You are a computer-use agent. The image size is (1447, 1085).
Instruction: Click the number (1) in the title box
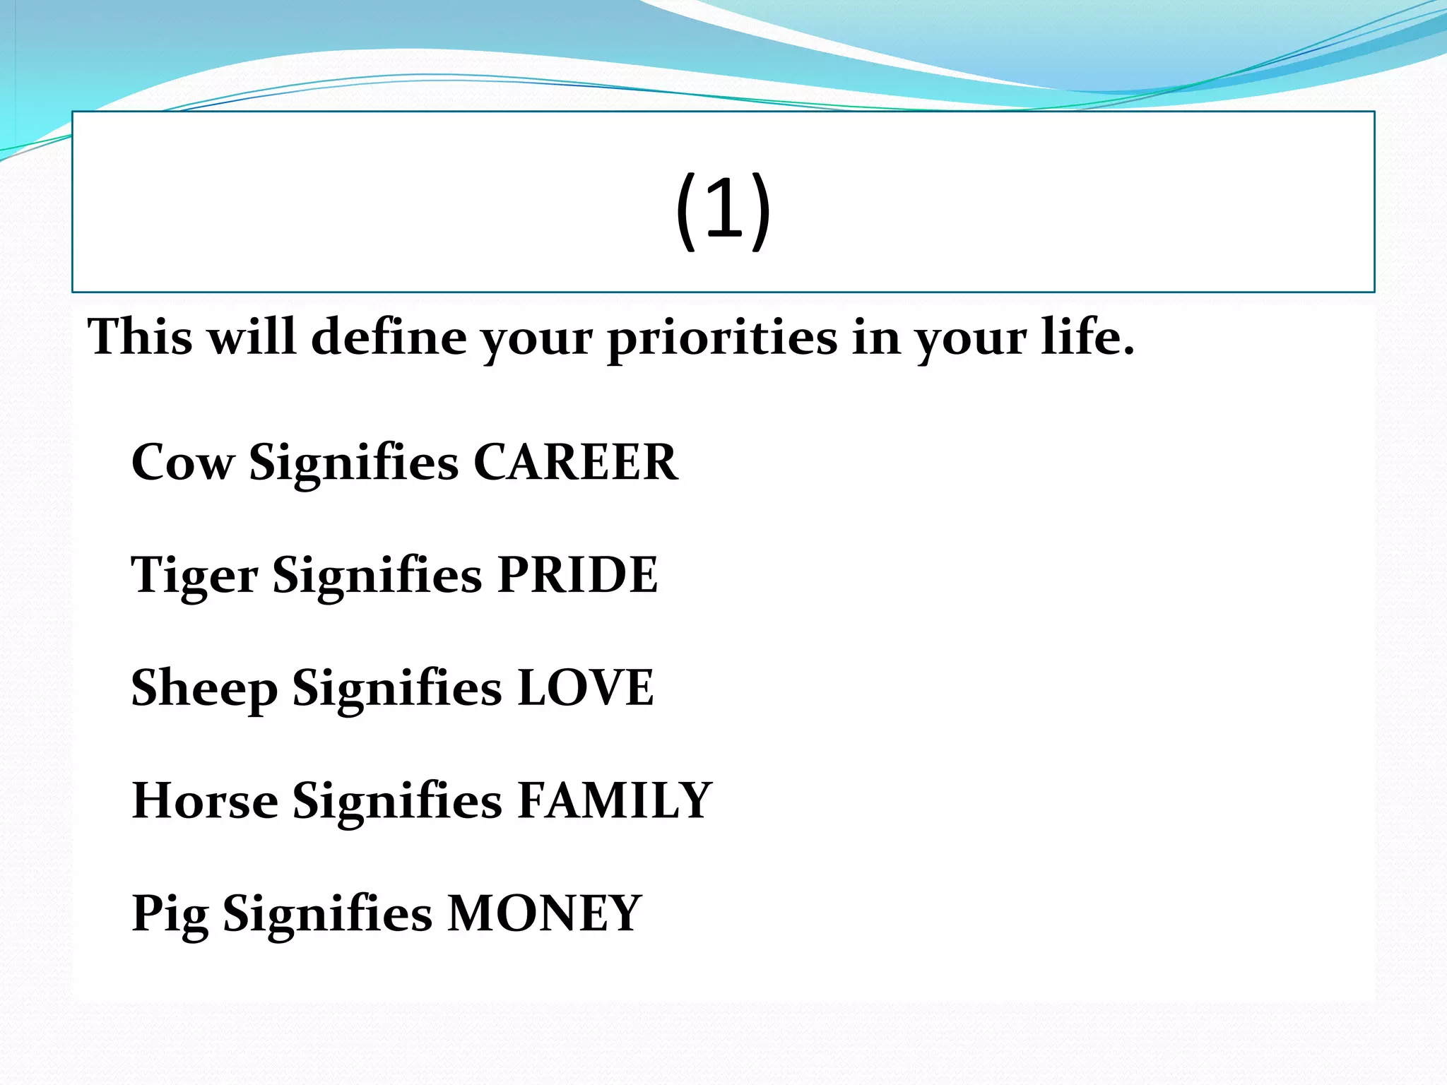point(723,210)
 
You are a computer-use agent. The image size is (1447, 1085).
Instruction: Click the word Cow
point(182,463)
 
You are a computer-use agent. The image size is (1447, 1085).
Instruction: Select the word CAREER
point(575,463)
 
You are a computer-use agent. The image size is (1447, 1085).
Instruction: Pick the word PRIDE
point(577,575)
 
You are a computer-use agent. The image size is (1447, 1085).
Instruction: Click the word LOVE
point(585,688)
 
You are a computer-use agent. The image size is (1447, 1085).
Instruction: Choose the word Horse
point(205,801)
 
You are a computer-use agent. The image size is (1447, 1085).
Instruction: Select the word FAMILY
point(614,801)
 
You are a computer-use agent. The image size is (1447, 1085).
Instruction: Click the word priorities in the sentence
point(722,338)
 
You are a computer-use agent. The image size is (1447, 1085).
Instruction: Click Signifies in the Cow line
point(353,463)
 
